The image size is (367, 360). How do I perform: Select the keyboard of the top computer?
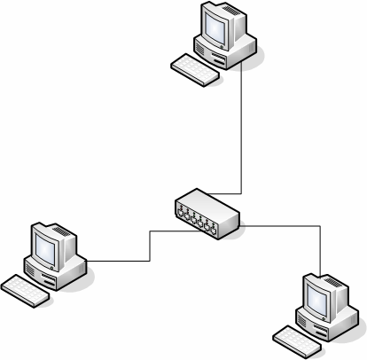click(x=195, y=70)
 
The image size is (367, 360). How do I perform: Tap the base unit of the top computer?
click(x=232, y=51)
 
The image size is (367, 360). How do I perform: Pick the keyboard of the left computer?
click(x=26, y=289)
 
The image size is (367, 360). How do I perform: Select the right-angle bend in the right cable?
click(x=319, y=226)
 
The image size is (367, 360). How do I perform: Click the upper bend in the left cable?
click(x=151, y=232)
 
